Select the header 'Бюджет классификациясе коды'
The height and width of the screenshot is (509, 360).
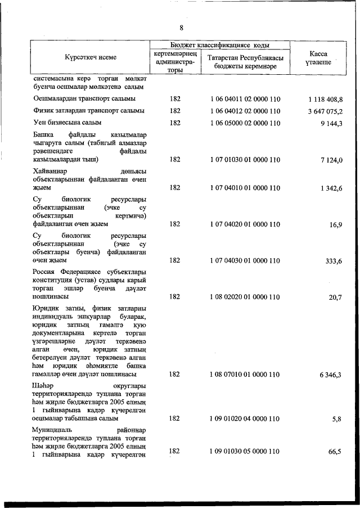tap(219, 44)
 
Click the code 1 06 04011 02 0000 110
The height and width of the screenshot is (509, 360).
tap(245, 99)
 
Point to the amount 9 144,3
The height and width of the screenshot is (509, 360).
tap(331, 123)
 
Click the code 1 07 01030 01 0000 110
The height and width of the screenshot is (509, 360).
tap(245, 160)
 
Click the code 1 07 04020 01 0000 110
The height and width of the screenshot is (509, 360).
tap(245, 224)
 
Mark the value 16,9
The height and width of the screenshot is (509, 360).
tap(336, 224)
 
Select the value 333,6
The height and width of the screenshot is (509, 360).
tap(334, 260)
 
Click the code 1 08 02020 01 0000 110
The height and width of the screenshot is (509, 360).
tap(245, 296)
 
